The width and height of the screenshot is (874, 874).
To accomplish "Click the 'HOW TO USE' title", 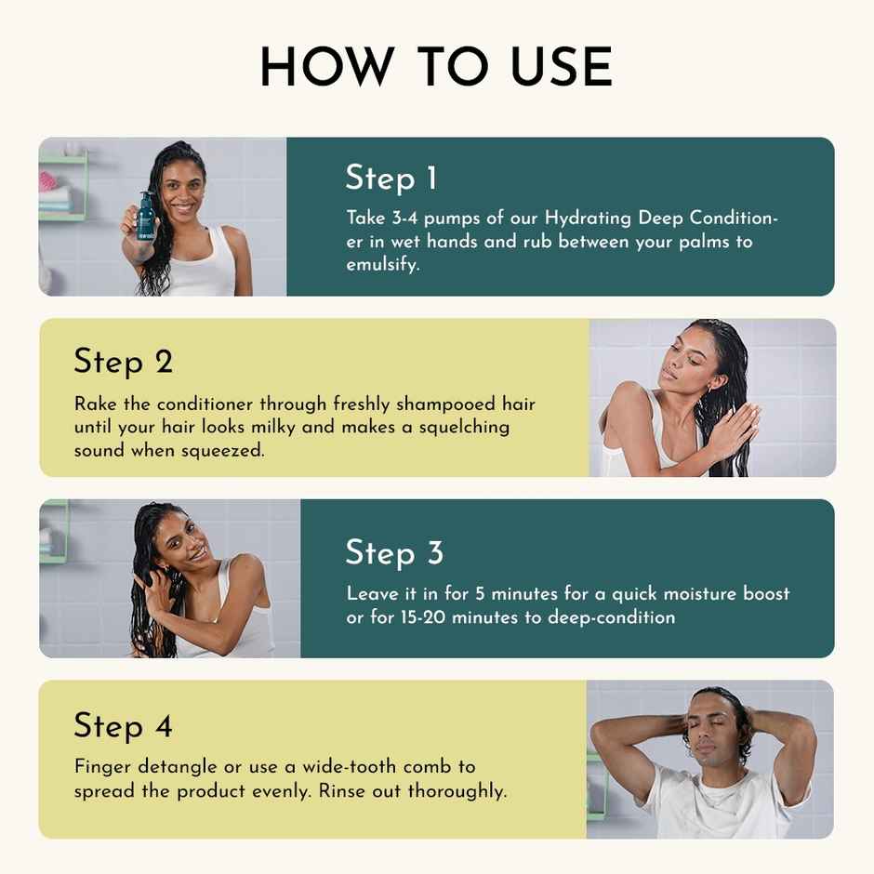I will pos(436,68).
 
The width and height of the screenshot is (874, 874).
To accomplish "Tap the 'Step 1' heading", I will pos(391,178).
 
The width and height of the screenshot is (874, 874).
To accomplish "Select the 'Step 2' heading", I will pos(124,361).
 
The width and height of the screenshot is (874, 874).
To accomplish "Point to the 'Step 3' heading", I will pos(394,552).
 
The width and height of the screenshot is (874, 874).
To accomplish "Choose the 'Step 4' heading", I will pos(123,725).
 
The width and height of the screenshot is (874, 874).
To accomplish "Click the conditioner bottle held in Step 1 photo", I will pos(145,215).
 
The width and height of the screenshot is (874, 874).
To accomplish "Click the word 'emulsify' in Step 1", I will pos(382,265).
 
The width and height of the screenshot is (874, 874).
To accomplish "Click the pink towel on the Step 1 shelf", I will pos(47,180).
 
